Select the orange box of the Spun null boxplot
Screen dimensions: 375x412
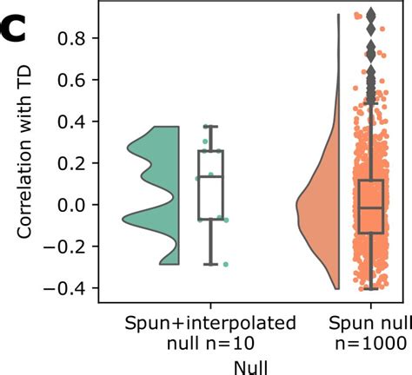[x=371, y=206]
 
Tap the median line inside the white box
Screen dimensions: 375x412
[x=209, y=177]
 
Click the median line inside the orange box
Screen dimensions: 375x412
[x=371, y=208]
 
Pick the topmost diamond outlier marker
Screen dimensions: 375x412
[x=370, y=15]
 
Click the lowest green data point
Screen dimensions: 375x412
[x=225, y=264]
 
